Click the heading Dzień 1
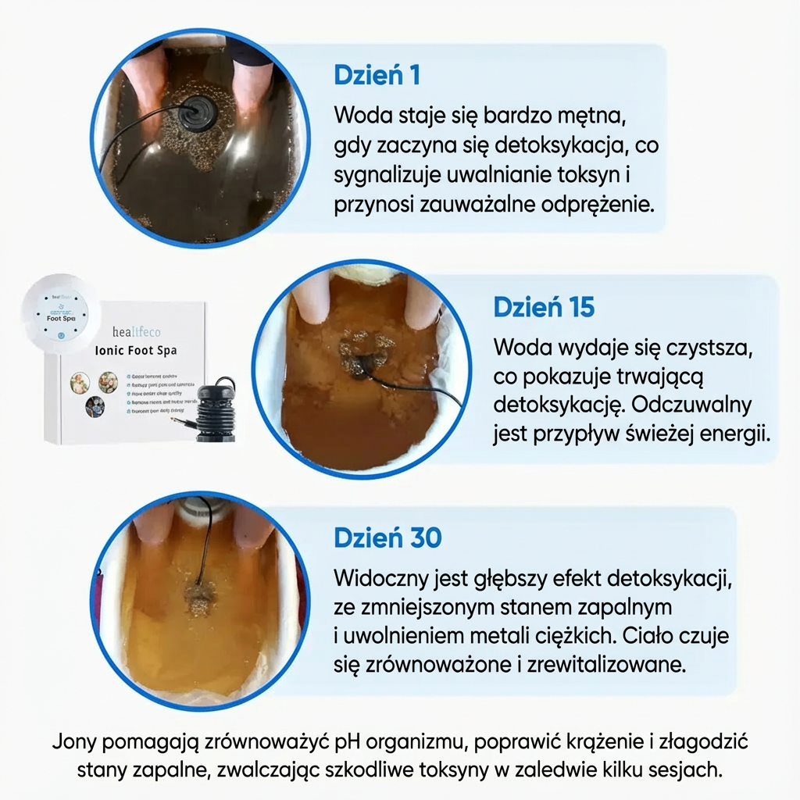377,76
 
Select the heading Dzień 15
544,307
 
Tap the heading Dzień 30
387,537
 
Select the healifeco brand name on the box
137,330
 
